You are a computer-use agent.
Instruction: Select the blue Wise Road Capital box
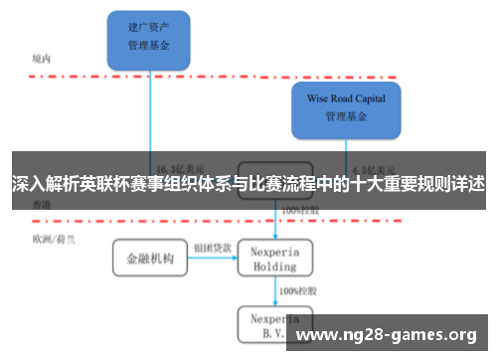pyautogui.click(x=345, y=108)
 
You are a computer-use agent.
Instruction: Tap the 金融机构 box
pyautogui.click(x=149, y=259)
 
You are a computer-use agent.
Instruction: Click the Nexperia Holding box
pyautogui.click(x=273, y=259)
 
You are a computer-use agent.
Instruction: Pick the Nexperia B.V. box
pyautogui.click(x=273, y=324)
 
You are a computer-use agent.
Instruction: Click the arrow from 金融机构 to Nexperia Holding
pyautogui.click(x=212, y=260)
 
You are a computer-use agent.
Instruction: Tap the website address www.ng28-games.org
pyautogui.click(x=388, y=334)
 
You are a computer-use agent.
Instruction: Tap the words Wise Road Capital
pyautogui.click(x=345, y=98)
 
